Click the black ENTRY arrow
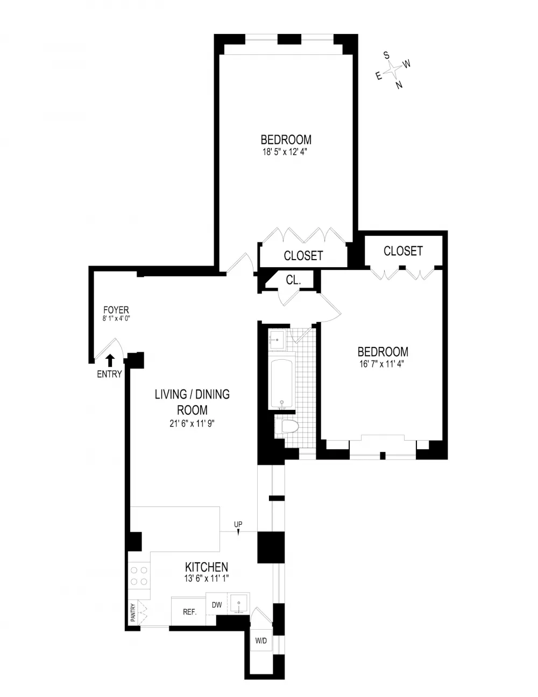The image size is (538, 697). point(110,360)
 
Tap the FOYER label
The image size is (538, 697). point(116,310)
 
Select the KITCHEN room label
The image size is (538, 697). point(207,567)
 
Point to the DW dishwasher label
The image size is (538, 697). point(217,605)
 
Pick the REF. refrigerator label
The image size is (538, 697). point(189,612)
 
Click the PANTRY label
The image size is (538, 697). point(133,612)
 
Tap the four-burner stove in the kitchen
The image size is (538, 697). point(139,576)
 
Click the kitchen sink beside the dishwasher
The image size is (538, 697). point(238,603)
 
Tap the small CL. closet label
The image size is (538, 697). point(293,280)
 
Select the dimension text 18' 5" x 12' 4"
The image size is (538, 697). point(285,152)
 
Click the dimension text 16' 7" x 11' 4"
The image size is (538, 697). point(383,364)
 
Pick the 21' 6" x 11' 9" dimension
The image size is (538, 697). point(192,424)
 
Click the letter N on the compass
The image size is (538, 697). point(399,85)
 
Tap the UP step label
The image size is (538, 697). point(238,525)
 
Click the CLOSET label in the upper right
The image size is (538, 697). point(403,251)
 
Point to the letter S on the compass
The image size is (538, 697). point(386,55)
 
